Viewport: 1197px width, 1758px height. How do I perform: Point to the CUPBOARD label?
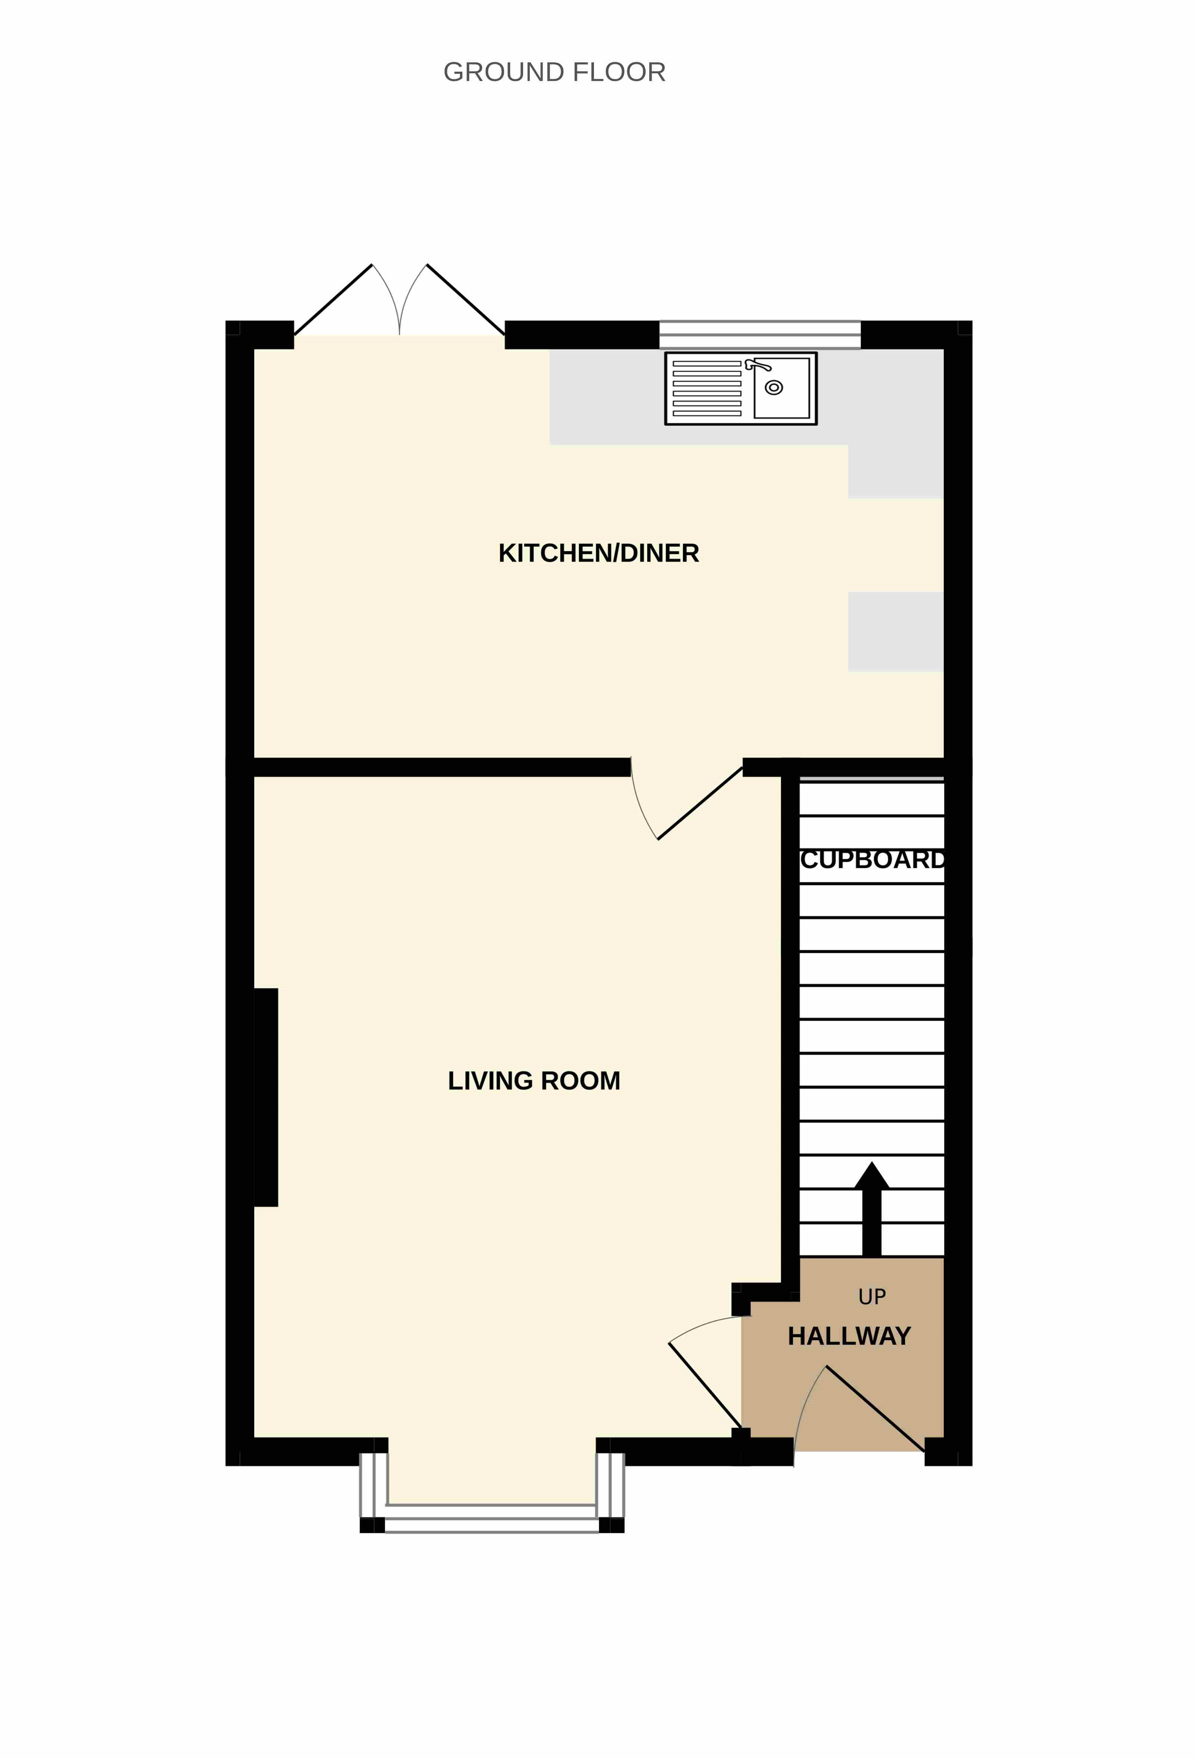(873, 860)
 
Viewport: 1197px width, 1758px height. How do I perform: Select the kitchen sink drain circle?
(773, 387)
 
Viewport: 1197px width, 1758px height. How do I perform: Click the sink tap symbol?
(758, 365)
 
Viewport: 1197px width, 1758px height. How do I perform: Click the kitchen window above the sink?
(760, 335)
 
